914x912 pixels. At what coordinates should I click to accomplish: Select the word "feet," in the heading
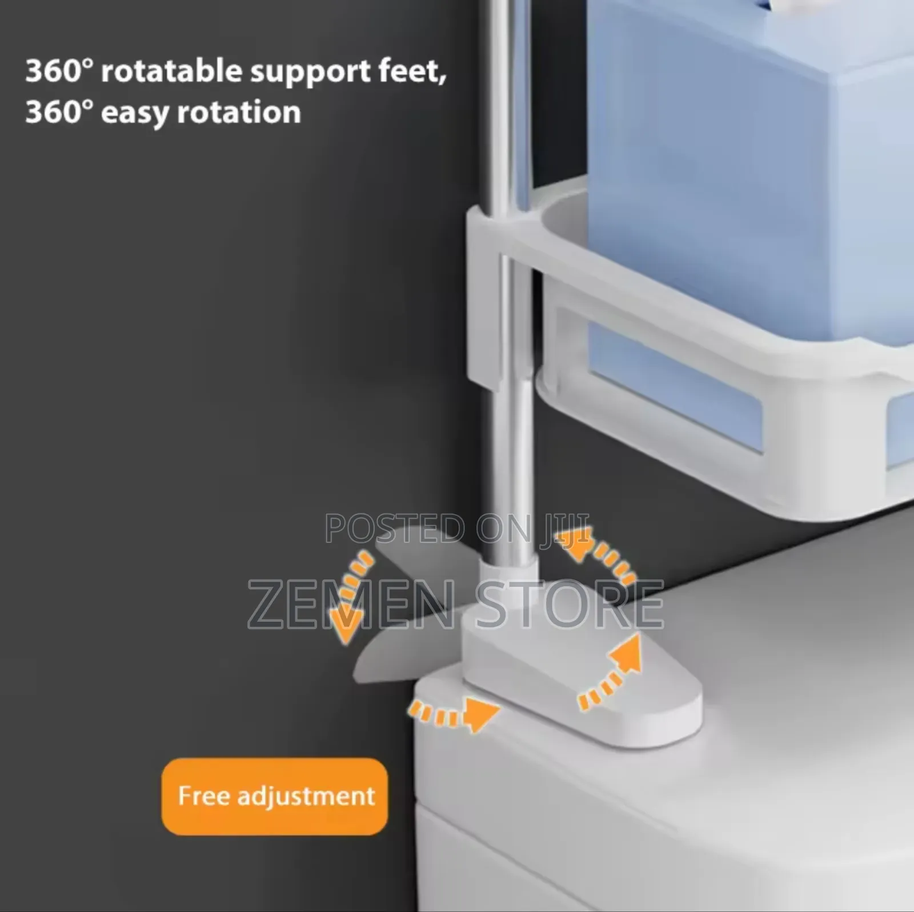(x=411, y=71)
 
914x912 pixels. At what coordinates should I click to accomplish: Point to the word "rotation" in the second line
(x=239, y=111)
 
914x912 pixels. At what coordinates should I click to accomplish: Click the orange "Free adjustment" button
(x=275, y=796)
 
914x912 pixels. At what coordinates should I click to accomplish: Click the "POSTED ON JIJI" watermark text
(x=457, y=528)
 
